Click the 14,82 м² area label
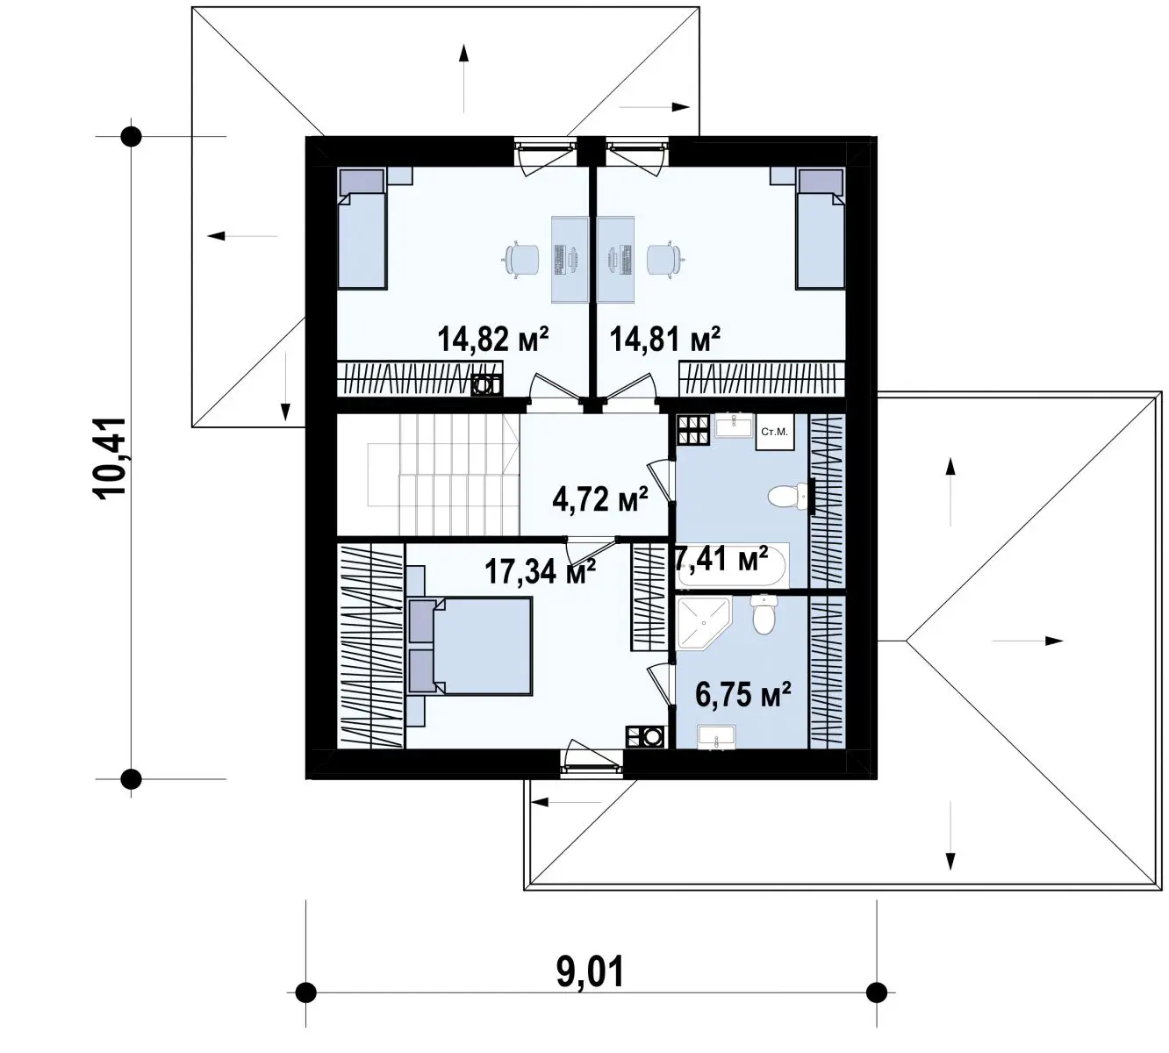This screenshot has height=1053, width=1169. tap(493, 339)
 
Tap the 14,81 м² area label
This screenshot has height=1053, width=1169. tap(665, 339)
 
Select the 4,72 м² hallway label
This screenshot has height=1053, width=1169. tap(600, 499)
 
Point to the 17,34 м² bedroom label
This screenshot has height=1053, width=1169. tap(541, 571)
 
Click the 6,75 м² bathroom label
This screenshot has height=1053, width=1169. tap(743, 695)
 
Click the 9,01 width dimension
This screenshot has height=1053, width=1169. tap(591, 971)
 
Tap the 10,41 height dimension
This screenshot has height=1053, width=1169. tap(110, 456)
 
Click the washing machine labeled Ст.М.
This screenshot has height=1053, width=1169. tap(775, 432)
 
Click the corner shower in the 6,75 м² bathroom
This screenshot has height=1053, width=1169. tap(704, 622)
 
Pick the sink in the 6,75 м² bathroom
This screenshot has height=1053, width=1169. tap(716, 736)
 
